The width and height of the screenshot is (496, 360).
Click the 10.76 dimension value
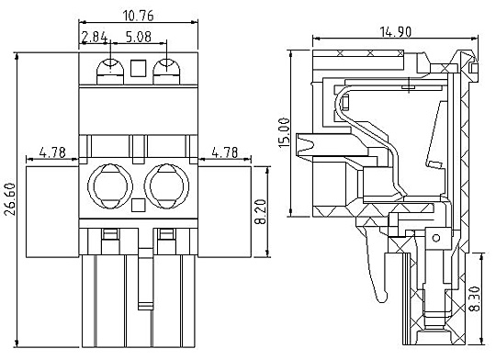[x=138, y=16]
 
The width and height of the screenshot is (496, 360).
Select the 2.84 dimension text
[x=95, y=37]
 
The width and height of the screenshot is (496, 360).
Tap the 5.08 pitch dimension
[x=139, y=37]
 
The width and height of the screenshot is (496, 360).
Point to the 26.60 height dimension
[x=9, y=199]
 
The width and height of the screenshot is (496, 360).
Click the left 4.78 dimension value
[x=52, y=152]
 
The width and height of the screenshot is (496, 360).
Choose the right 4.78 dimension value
[x=225, y=152]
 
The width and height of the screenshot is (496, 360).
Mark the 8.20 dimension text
[x=260, y=211]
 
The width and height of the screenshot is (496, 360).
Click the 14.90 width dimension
[x=395, y=32]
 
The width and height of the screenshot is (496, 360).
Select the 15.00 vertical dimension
[x=284, y=133]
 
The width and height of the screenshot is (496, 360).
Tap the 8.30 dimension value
[x=475, y=298]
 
